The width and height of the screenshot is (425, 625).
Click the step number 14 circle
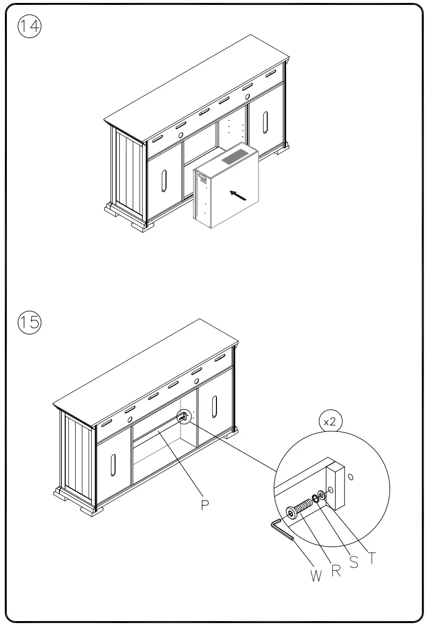click(30, 27)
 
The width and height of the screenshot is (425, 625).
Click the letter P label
click(206, 505)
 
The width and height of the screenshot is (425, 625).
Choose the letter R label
click(336, 571)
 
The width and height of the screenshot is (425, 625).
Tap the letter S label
click(353, 562)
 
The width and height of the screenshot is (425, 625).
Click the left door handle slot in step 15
click(113, 464)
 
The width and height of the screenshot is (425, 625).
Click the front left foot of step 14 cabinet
click(142, 226)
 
